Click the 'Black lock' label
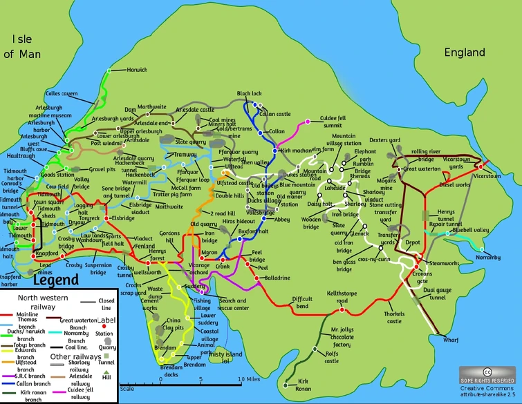(x=249, y=93)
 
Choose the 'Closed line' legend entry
(x=106, y=305)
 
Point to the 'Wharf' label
(x=451, y=340)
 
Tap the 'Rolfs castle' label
(x=333, y=358)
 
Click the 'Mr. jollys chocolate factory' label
(x=342, y=338)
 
